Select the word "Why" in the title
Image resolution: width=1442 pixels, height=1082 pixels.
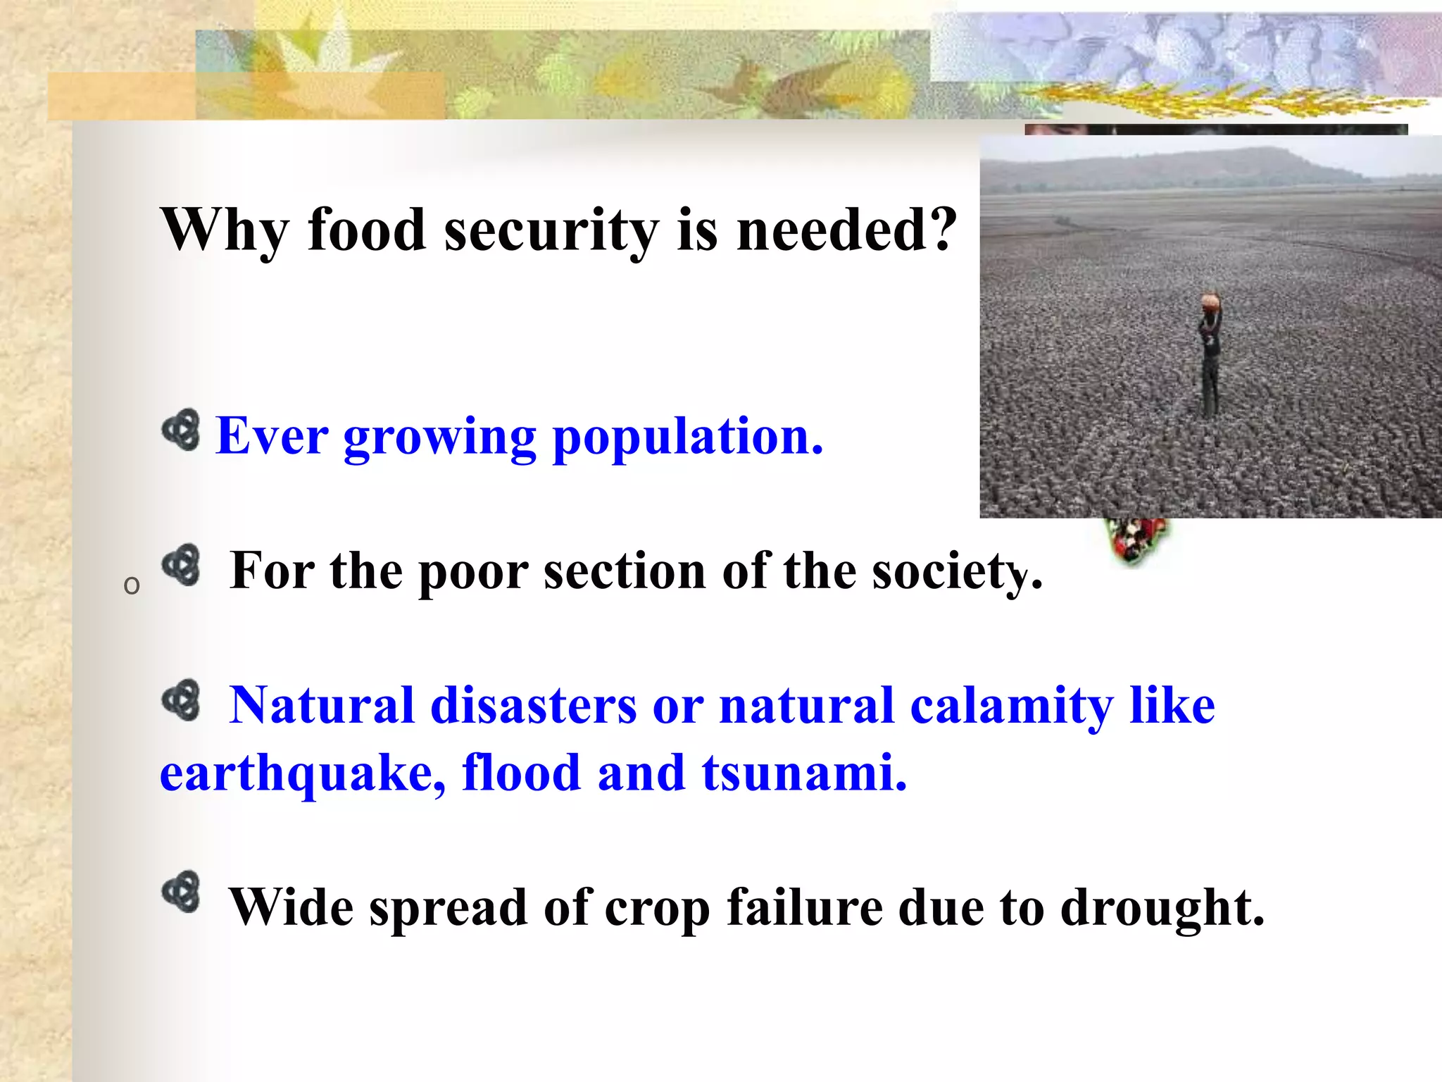(225, 231)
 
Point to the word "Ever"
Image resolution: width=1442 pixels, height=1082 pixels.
(272, 437)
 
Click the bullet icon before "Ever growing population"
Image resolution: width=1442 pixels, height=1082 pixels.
(181, 430)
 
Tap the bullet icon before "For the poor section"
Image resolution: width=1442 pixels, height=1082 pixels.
(181, 565)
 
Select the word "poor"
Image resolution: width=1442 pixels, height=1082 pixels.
(473, 572)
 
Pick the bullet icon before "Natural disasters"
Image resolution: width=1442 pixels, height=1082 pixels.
(181, 700)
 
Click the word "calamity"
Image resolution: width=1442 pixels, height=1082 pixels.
(1011, 706)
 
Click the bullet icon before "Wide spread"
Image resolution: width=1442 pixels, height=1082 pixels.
(181, 892)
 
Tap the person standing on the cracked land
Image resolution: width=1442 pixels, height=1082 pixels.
(1210, 359)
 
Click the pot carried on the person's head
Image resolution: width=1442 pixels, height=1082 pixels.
(1211, 303)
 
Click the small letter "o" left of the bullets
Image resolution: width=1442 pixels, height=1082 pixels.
(132, 585)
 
